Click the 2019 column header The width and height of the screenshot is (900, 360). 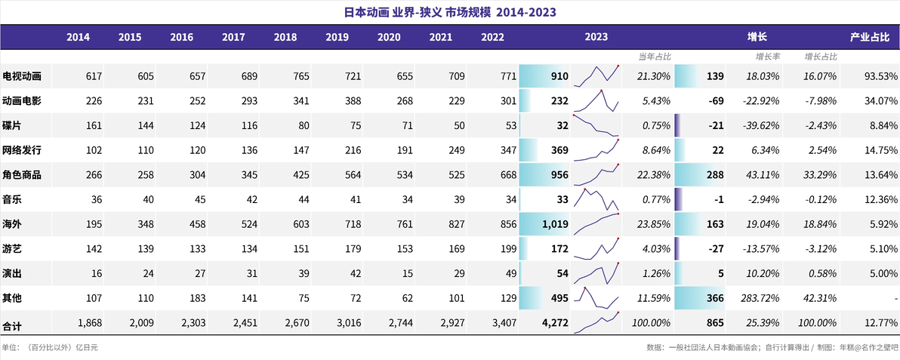click(337, 37)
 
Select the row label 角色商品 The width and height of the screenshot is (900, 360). click(22, 175)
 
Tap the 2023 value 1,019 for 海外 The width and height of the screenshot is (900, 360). click(554, 224)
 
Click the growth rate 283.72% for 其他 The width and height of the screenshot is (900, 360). click(761, 299)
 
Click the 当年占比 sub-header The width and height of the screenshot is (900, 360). click(655, 57)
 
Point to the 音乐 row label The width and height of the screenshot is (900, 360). click(12, 200)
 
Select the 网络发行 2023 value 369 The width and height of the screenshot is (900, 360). click(559, 150)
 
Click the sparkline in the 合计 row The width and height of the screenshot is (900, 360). click(596, 323)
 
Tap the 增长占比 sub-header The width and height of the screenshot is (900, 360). click(821, 57)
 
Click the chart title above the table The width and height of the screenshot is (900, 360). click(450, 11)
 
